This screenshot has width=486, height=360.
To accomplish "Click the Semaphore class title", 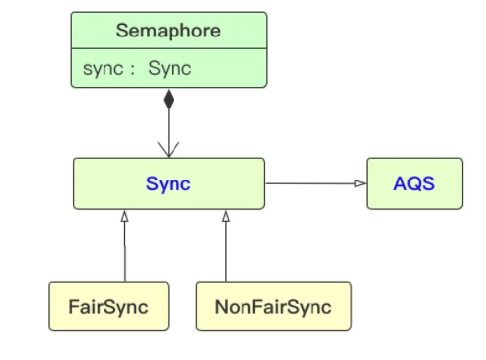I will [x=169, y=31].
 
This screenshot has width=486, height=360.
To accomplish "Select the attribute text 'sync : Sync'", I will [x=137, y=69].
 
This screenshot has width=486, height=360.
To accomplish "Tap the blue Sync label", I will [x=169, y=183].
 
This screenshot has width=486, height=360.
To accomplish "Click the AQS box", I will [x=414, y=183].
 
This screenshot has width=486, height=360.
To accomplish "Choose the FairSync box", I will [x=108, y=306].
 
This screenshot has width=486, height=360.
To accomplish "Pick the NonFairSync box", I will [x=273, y=306].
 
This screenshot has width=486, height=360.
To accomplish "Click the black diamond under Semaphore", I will [x=169, y=99].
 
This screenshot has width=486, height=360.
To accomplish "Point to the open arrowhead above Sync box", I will [x=169, y=150].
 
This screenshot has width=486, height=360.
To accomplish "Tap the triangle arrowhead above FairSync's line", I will [x=125, y=215].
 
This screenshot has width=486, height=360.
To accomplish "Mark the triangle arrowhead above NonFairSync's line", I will [x=226, y=215].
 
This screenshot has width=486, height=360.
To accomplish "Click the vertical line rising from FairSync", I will [x=125, y=252].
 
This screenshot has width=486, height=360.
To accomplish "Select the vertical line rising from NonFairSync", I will [x=226, y=252].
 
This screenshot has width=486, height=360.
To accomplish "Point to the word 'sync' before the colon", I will [x=102, y=69].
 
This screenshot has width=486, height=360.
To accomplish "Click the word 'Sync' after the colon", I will [x=170, y=69].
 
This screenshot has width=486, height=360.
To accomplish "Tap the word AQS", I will [x=414, y=183].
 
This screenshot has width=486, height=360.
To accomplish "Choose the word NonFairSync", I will [x=273, y=306].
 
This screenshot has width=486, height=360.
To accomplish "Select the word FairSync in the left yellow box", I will [x=108, y=306].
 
